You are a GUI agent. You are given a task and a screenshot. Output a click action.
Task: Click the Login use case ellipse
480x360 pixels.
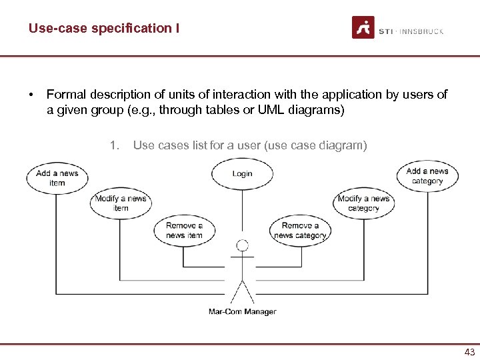point(242,173)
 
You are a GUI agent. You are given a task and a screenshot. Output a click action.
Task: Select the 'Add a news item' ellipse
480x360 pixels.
point(57,178)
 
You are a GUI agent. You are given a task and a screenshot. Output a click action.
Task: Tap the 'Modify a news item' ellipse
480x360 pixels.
point(121,203)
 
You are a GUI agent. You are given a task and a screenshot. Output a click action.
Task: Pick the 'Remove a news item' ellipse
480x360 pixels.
point(184,231)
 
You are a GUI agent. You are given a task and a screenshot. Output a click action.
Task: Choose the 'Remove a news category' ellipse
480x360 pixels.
point(300,231)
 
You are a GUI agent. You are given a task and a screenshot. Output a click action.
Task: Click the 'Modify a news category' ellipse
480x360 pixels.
point(363,203)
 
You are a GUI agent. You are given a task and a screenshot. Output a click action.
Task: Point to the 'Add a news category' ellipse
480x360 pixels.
point(427,176)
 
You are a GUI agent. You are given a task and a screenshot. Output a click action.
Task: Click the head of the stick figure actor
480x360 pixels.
point(243,245)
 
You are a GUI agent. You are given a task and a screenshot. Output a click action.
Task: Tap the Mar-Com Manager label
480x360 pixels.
point(242,311)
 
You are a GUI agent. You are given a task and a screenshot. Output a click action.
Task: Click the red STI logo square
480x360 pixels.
point(363,27)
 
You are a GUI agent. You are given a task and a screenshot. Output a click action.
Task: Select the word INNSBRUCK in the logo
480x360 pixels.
point(421,31)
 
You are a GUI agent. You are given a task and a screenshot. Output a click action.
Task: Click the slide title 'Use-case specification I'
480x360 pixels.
point(103,28)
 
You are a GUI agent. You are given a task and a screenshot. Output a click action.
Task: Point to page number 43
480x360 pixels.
point(469,353)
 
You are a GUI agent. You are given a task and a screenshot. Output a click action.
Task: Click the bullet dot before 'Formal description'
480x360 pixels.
point(31,95)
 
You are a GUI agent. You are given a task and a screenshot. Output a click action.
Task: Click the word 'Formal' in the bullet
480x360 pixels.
point(66,95)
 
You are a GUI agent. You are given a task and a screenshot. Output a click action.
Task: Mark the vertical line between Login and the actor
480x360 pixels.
point(242,213)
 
